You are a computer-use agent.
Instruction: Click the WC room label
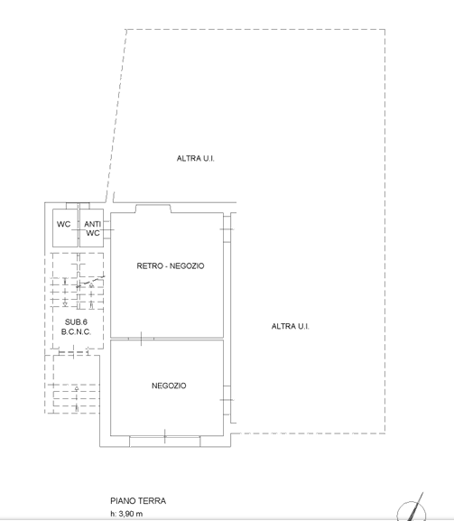(63, 224)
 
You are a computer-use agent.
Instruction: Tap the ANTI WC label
(92, 228)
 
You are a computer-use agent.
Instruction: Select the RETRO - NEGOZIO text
(171, 265)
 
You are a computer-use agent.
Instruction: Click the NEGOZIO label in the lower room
(169, 386)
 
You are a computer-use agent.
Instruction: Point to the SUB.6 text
(76, 322)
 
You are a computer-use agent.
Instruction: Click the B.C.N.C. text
(76, 331)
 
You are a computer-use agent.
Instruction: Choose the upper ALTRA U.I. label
(195, 159)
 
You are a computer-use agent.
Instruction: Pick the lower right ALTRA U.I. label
(291, 326)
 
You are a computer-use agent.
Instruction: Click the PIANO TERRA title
(138, 501)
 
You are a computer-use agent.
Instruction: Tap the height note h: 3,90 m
(126, 514)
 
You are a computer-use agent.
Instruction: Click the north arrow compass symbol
(412, 510)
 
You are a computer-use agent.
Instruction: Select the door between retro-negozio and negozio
(141, 339)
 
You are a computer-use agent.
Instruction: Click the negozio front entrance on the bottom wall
(165, 442)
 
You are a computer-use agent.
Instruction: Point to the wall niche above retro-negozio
(153, 209)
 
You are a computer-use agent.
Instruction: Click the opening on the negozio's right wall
(227, 400)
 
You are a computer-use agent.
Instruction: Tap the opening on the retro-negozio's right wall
(227, 229)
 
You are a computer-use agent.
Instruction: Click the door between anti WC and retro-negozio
(107, 229)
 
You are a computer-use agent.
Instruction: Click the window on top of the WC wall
(78, 206)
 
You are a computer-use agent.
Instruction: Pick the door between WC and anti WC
(79, 229)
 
